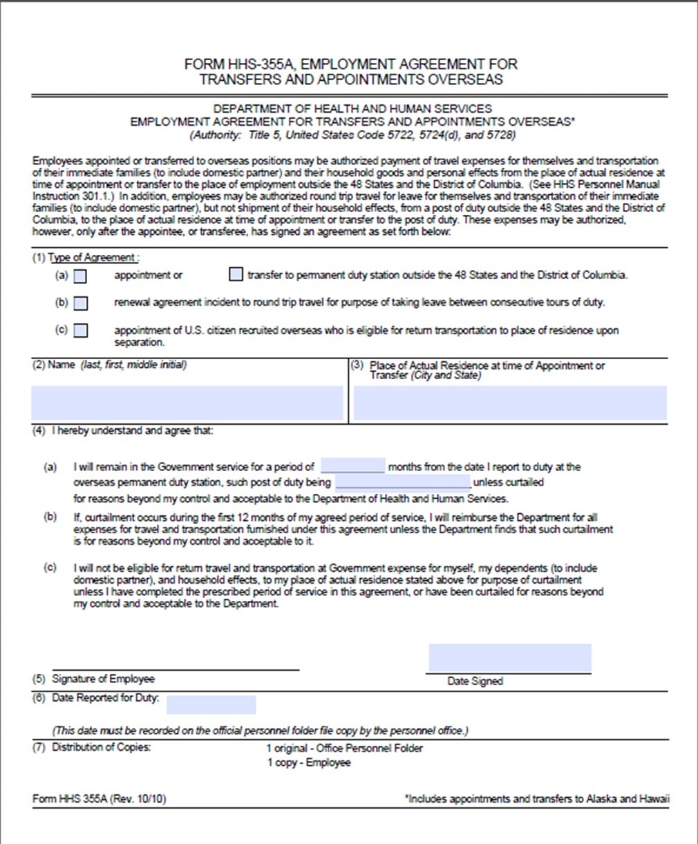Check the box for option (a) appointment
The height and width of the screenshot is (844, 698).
(81, 276)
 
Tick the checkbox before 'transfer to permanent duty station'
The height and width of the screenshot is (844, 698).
(236, 275)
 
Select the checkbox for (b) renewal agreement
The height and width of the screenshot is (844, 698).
(81, 303)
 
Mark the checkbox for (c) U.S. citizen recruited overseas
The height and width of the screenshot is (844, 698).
(81, 330)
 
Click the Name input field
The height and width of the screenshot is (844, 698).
(187, 403)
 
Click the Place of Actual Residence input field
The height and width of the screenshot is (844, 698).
(510, 403)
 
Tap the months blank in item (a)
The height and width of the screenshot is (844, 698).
(352, 466)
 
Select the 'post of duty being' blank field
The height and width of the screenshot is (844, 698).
(402, 482)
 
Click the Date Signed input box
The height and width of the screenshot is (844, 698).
(509, 658)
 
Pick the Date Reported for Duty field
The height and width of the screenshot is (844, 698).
(211, 704)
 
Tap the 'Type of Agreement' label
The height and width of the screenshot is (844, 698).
(92, 258)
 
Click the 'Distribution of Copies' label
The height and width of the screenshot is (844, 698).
(101, 747)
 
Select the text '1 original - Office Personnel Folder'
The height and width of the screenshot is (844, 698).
(344, 748)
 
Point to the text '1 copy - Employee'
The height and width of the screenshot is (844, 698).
(309, 763)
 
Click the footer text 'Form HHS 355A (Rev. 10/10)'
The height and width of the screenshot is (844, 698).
(99, 799)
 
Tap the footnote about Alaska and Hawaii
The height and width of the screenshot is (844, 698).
(537, 799)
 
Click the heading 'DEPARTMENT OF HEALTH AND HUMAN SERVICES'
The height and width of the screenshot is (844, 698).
(352, 108)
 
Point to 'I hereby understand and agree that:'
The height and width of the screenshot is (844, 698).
(133, 431)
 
